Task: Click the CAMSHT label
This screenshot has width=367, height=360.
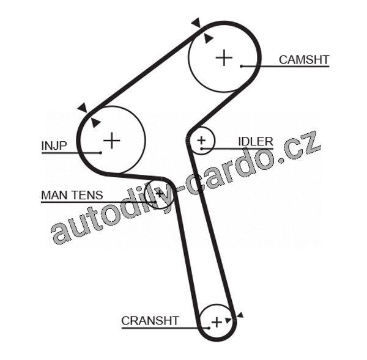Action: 304,59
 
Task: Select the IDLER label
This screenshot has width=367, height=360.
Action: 255,142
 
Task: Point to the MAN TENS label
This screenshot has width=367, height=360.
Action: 72,196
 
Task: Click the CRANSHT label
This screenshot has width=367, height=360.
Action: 150,320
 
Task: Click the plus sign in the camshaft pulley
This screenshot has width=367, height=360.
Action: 224,57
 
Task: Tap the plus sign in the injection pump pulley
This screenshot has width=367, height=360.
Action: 111,141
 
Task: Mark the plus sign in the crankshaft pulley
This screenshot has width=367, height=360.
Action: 216,321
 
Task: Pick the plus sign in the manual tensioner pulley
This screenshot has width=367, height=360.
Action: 160,194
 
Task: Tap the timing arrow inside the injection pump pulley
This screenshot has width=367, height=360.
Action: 95,122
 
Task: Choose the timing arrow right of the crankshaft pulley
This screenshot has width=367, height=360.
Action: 239,315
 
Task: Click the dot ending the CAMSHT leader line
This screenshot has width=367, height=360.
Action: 242,65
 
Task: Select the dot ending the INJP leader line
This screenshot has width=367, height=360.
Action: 99,152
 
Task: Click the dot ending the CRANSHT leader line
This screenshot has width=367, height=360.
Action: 208,328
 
